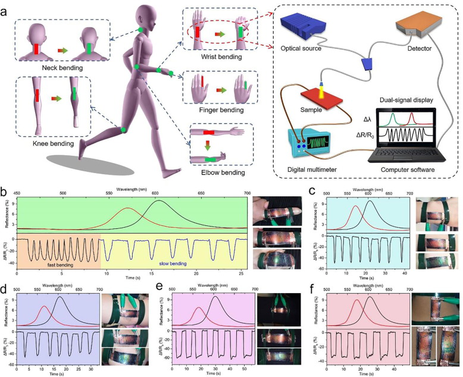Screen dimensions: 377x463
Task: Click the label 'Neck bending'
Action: pos(58,68)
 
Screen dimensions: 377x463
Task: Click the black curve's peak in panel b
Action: pos(158,201)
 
